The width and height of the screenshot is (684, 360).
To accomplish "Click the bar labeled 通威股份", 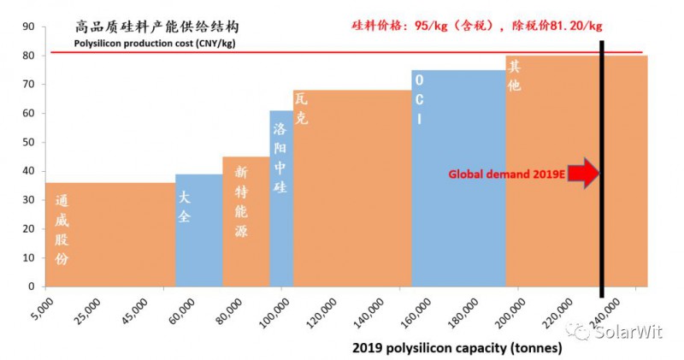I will click(x=110, y=234).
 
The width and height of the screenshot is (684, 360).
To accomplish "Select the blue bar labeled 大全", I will click(x=198, y=230).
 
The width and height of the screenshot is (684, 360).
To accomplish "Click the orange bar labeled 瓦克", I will click(x=352, y=188).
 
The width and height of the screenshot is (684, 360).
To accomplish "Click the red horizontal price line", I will click(x=342, y=53).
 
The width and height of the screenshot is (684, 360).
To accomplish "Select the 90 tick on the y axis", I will click(x=28, y=27).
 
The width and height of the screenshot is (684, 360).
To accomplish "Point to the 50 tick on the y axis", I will click(x=28, y=142).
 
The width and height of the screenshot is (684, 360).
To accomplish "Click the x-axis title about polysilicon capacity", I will click(x=457, y=348).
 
